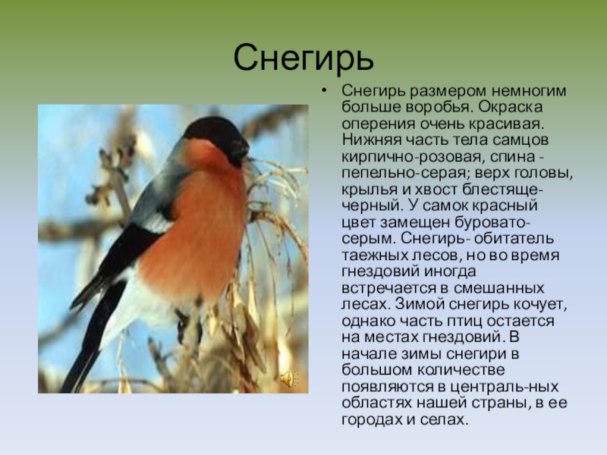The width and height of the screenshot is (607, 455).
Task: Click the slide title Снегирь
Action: [x=303, y=58]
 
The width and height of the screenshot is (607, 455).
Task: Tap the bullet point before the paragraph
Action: [x=324, y=91]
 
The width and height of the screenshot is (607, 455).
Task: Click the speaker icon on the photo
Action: [x=289, y=378]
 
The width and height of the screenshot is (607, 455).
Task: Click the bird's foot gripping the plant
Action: [x=182, y=325]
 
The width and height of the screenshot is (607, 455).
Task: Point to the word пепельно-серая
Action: [x=405, y=174]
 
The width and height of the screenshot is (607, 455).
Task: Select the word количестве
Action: [x=461, y=370]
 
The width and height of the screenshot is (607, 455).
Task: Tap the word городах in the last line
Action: [x=372, y=420]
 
